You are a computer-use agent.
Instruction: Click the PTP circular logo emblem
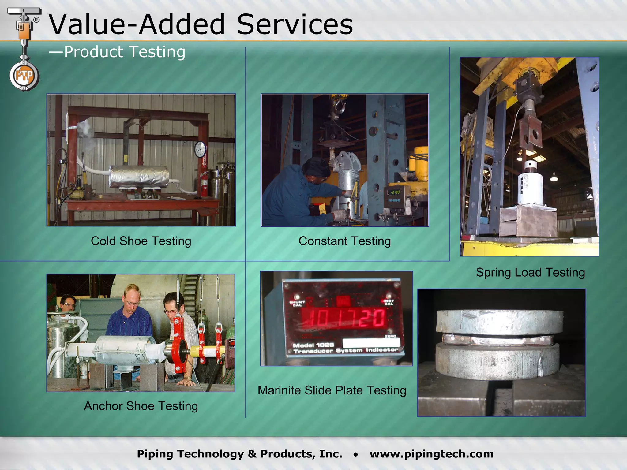pos(24,76)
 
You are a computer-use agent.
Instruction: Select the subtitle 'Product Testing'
pos(117,52)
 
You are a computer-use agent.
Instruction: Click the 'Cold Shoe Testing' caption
pos(141,241)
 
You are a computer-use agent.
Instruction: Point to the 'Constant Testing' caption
pos(344,241)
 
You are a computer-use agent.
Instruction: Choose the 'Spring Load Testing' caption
pos(530,272)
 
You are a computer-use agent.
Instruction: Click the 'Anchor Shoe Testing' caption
pos(141,406)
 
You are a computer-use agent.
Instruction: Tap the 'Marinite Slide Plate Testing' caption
pos(332,390)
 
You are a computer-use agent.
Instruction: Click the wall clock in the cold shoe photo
pos(200,149)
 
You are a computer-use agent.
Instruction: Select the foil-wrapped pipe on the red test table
pos(139,177)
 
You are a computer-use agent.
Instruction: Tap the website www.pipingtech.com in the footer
pos(431,454)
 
